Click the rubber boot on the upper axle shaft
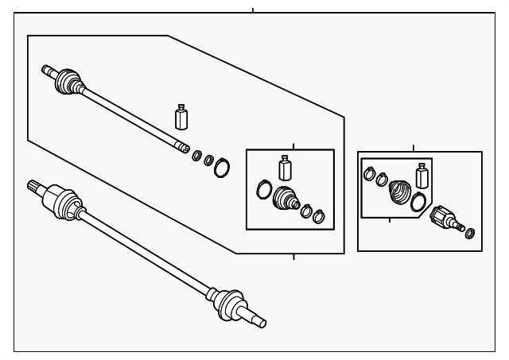[68, 80]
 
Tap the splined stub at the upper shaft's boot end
[48, 69]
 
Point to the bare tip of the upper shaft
[183, 146]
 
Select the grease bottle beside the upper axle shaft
[181, 117]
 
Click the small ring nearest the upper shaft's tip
[196, 154]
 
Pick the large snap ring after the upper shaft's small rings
[223, 167]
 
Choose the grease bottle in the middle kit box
[285, 168]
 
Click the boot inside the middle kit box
[283, 199]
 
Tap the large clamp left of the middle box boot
[263, 189]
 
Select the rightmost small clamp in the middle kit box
[319, 215]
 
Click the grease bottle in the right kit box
[422, 174]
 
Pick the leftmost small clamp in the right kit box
[370, 172]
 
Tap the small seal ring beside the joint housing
[469, 233]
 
